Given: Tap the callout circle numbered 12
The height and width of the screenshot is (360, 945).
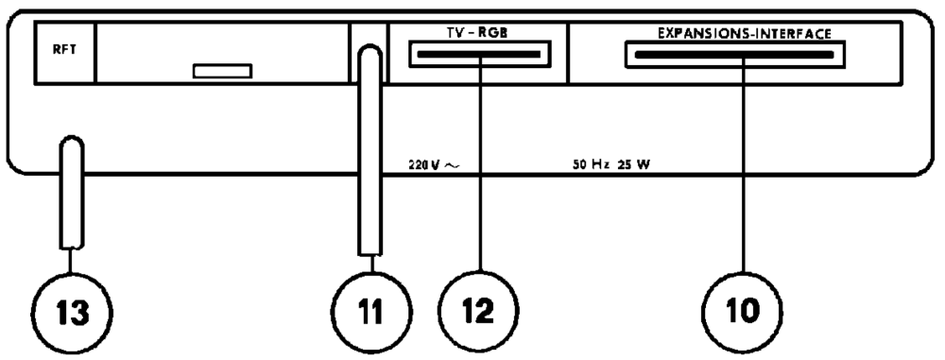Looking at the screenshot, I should coord(481,306).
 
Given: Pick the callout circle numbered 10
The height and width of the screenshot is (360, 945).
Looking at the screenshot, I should coord(743,306).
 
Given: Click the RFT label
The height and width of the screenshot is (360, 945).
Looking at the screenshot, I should coord(51,53).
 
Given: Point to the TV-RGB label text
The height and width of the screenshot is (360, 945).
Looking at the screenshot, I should coord(477,32).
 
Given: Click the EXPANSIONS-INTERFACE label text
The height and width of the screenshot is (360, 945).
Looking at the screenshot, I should coord(744,32).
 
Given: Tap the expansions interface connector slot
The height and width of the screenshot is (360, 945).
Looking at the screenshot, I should coord(734,56).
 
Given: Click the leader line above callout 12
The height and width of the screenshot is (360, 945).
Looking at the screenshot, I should coord(481,170).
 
